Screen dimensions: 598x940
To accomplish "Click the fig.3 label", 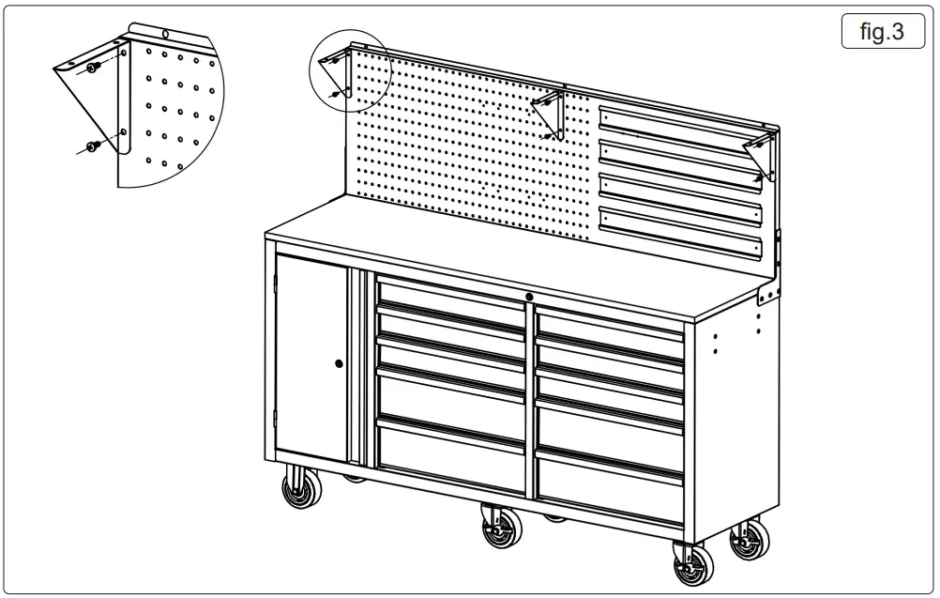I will click(x=882, y=33).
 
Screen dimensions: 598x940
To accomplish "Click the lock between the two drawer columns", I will click(x=530, y=298).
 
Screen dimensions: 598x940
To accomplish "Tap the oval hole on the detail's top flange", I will click(x=165, y=34).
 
